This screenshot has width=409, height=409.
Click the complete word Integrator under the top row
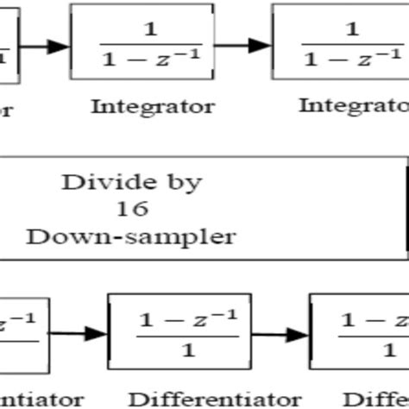click(152, 108)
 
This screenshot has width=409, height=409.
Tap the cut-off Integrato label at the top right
click(353, 106)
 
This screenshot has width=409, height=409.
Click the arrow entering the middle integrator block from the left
click(43, 45)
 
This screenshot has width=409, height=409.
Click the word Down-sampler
click(132, 235)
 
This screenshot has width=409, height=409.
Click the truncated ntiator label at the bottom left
click(26, 400)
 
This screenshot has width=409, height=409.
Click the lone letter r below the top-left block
click(4, 110)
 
